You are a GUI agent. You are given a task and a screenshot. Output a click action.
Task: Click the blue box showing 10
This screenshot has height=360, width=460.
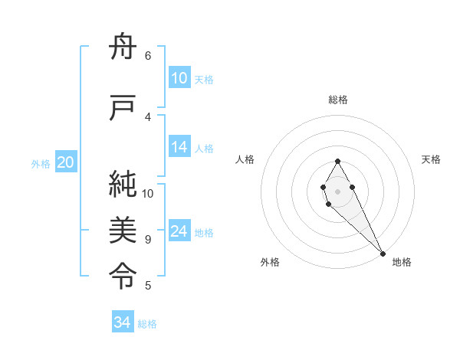[179, 78]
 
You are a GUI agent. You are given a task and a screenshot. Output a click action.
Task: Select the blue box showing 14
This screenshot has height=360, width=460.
[179, 148]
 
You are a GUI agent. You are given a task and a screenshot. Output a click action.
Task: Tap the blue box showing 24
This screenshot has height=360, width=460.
[179, 232]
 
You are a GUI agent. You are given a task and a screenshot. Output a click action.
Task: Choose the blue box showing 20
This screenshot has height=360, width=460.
[66, 162]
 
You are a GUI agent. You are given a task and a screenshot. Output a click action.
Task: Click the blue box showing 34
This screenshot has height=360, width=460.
[123, 322]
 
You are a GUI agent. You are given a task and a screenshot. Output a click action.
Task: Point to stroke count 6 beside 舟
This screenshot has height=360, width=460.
[148, 55]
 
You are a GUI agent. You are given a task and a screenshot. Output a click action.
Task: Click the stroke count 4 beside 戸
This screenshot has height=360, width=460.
[148, 116]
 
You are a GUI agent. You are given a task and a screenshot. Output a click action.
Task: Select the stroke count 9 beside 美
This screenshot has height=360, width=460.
[148, 240]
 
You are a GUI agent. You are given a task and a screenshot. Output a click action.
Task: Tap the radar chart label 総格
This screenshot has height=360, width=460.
[338, 100]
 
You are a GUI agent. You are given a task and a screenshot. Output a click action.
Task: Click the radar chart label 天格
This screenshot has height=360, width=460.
[431, 159]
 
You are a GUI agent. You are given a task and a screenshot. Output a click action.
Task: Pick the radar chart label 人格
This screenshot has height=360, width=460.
[245, 159]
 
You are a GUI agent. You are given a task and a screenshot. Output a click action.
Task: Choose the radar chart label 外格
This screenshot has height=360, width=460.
[270, 262]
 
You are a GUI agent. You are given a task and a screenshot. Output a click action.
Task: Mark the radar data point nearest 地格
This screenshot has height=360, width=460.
[383, 253]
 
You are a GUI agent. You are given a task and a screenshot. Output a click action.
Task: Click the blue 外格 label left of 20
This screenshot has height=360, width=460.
[41, 163]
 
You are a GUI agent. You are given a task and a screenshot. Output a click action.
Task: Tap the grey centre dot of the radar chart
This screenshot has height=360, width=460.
[337, 190]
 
